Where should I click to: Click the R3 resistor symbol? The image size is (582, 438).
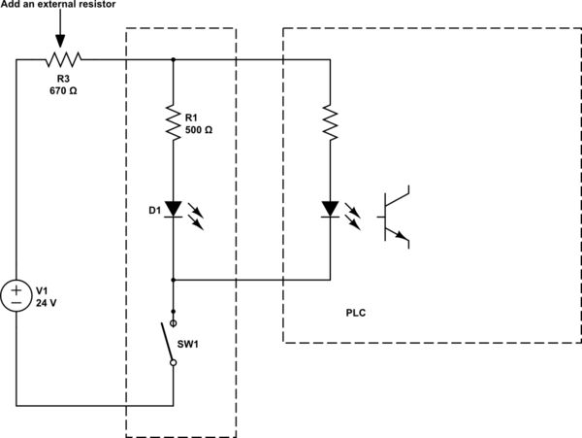click(60, 60)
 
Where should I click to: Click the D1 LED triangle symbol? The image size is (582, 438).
click(174, 208)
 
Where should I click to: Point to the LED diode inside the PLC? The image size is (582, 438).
click(330, 208)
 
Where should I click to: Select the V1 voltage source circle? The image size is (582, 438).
click(16, 295)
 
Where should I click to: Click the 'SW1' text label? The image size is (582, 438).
click(201, 344)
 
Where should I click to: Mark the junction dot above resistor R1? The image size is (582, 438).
click(174, 60)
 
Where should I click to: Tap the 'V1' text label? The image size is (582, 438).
click(42, 289)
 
